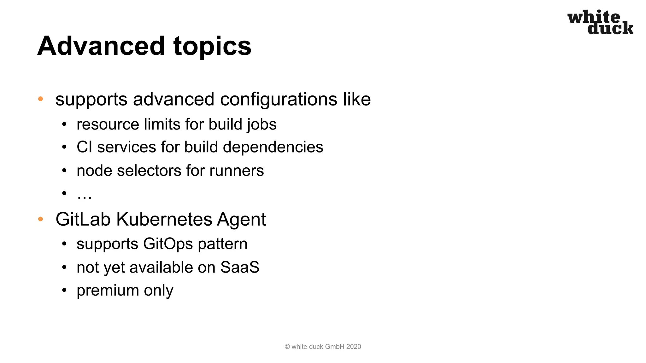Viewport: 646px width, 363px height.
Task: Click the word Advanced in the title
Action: (101, 46)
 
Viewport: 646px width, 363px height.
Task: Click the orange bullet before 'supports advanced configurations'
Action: (40, 99)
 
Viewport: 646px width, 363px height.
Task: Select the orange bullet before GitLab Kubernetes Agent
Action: (40, 219)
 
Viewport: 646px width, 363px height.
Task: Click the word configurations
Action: (279, 100)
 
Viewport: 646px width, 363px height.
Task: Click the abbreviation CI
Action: (85, 147)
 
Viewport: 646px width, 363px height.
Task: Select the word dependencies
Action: (273, 147)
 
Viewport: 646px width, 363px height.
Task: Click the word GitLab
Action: (83, 219)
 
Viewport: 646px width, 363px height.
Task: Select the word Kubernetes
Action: (164, 219)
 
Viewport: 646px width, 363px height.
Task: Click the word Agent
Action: (241, 219)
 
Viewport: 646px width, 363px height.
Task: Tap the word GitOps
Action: (168, 244)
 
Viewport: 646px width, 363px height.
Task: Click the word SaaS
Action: (240, 268)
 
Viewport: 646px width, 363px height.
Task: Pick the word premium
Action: (108, 291)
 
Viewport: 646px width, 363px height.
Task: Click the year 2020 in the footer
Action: (353, 347)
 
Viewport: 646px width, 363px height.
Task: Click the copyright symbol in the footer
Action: (287, 347)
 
